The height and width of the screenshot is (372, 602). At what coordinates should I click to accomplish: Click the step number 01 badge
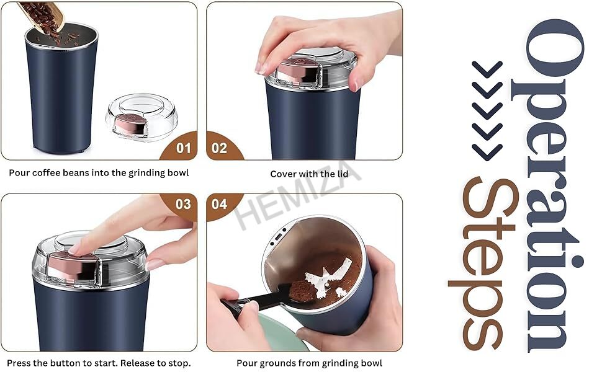(183, 148)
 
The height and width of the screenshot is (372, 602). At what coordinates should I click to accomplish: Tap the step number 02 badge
(220, 148)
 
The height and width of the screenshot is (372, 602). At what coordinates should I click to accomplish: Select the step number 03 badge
(183, 204)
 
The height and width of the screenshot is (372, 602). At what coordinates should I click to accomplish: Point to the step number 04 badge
(220, 204)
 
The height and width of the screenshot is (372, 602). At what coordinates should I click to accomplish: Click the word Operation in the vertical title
(552, 186)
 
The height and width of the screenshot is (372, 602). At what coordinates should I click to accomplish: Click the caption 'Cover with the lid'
(309, 174)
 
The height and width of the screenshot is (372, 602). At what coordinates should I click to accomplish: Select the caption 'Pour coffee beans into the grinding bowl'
(99, 173)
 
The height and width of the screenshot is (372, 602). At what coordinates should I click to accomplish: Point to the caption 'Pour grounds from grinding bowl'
(309, 363)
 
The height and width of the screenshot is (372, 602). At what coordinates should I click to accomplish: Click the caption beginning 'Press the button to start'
(99, 363)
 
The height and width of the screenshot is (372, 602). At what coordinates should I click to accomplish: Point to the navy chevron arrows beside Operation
(487, 112)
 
